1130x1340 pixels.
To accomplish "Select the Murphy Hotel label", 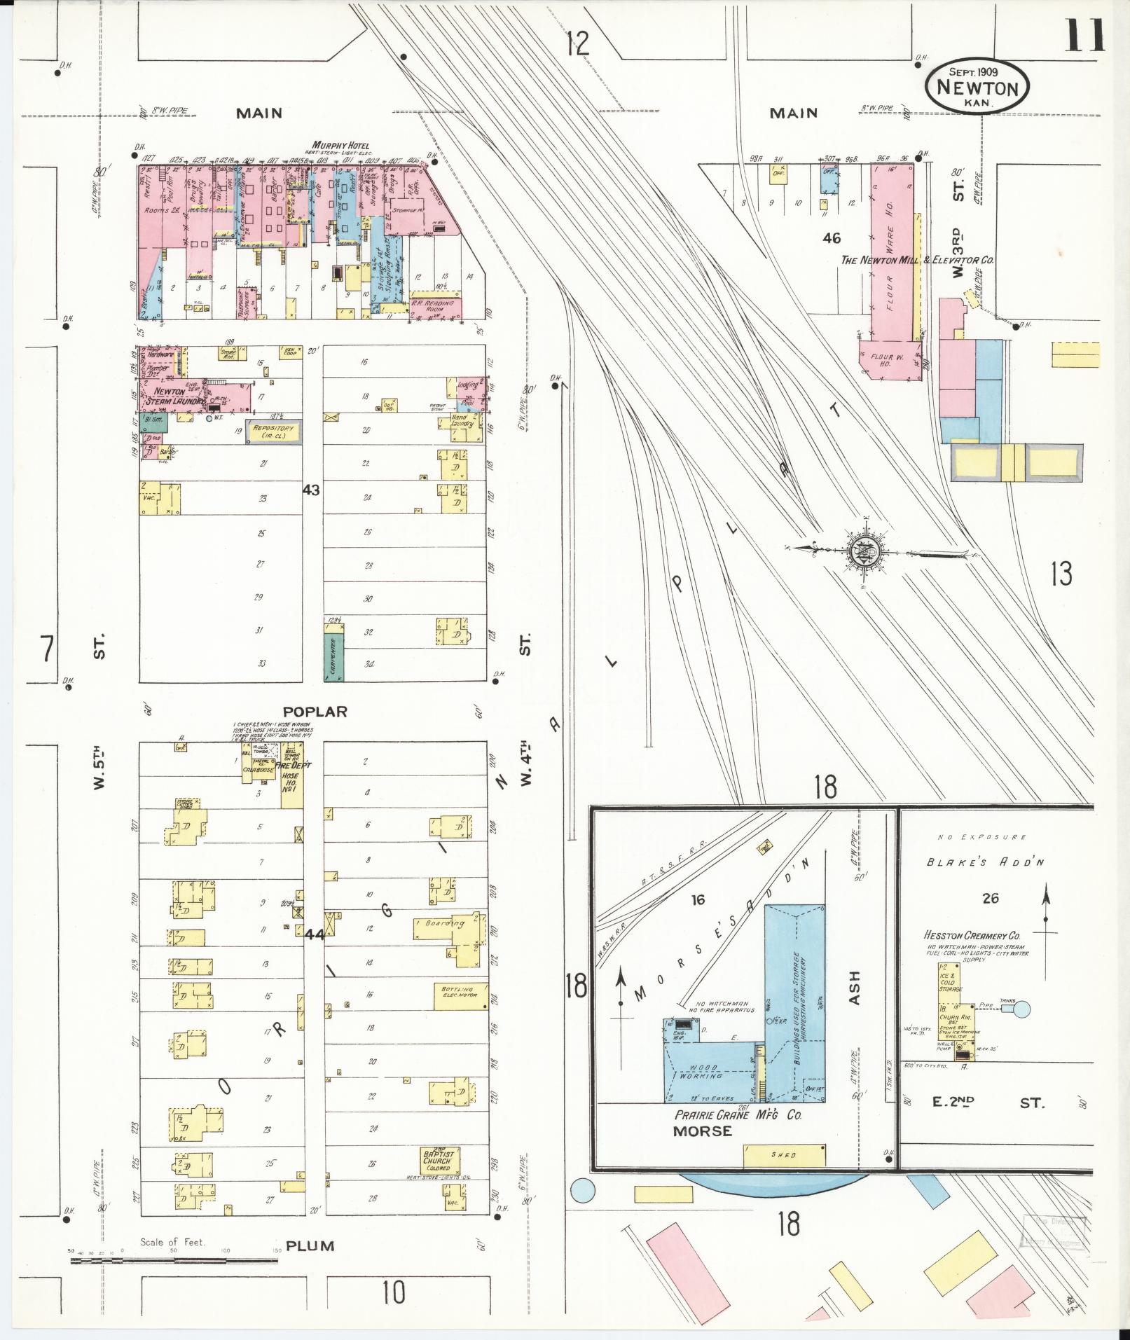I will click(x=340, y=146).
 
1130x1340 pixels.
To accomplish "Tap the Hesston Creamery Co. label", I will click(x=970, y=935).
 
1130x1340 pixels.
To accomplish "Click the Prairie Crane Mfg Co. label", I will click(x=738, y=1114).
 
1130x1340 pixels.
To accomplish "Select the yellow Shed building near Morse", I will click(x=784, y=1155).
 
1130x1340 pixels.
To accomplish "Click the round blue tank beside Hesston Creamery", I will click(x=1022, y=1009).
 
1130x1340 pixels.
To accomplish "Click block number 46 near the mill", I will click(x=832, y=238).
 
